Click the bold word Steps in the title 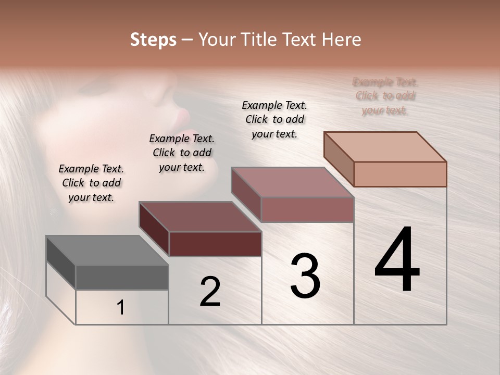[153, 40]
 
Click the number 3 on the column [305, 276]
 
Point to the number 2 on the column [210, 292]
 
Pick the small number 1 [121, 308]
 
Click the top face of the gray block [107, 251]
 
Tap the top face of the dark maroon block [200, 217]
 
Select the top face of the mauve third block [292, 182]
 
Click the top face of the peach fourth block [385, 147]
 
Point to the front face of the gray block [122, 278]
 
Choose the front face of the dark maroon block [215, 244]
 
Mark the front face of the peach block [400, 174]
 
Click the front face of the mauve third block [307, 209]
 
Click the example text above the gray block [91, 183]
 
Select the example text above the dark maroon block [182, 153]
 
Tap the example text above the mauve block [274, 119]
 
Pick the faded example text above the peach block [385, 96]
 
